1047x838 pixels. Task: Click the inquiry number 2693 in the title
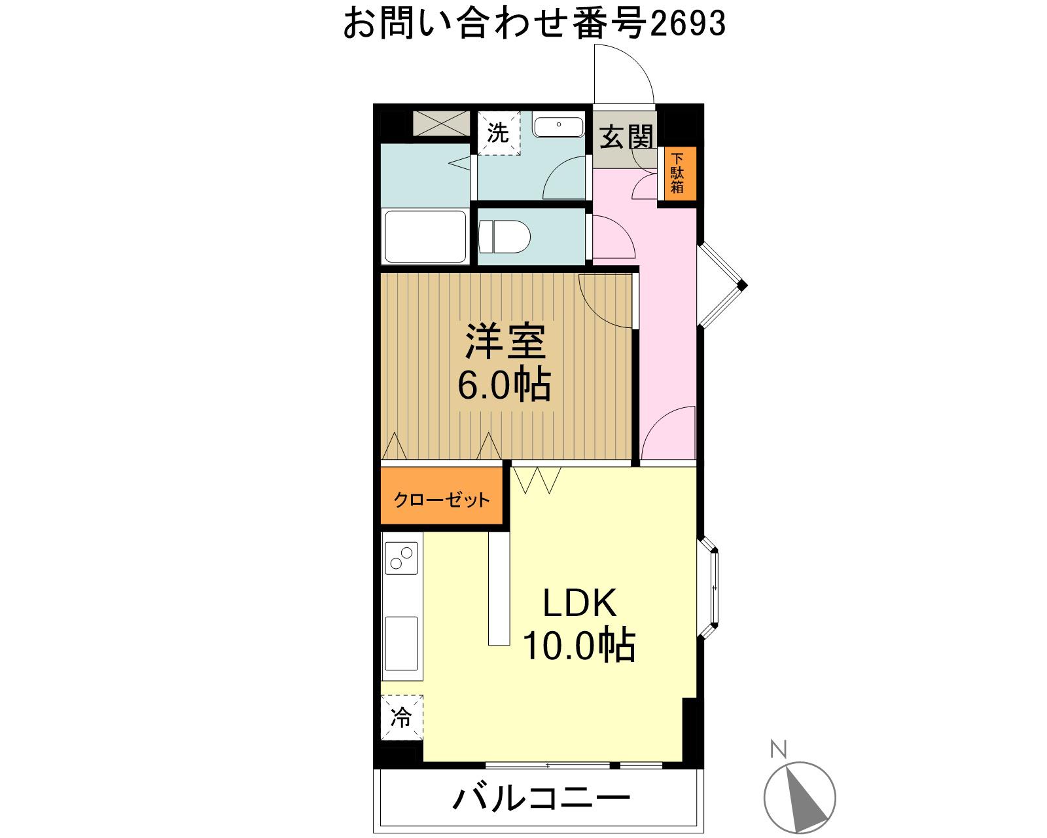(688, 25)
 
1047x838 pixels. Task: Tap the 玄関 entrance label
(627, 139)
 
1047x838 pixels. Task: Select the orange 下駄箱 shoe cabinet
(677, 173)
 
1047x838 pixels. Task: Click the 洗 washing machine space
(498, 134)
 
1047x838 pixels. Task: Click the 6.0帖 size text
(503, 386)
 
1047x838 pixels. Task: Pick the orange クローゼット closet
(442, 500)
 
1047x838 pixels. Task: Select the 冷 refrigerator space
(401, 718)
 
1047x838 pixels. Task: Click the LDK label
(580, 603)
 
